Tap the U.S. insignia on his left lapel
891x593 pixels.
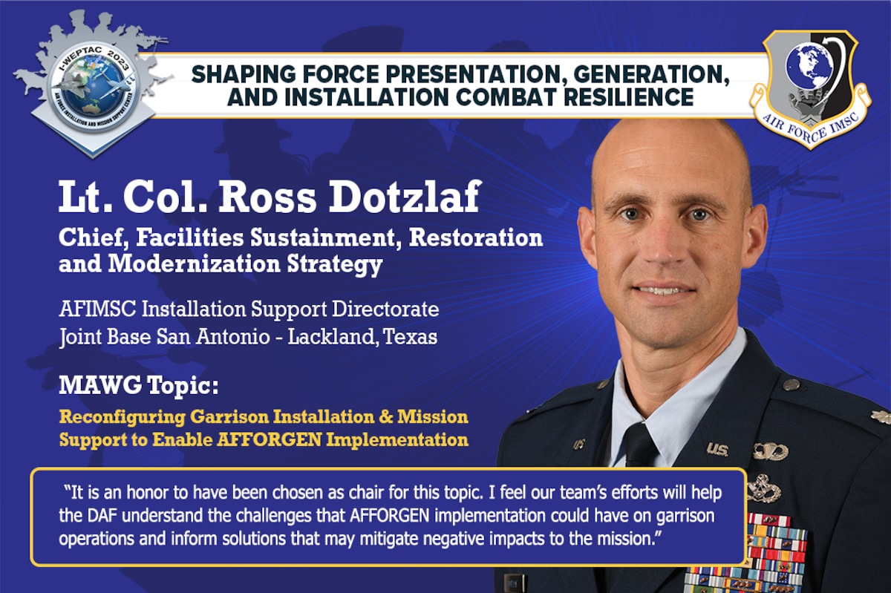click(717, 448)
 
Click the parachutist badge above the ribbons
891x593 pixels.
click(770, 451)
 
